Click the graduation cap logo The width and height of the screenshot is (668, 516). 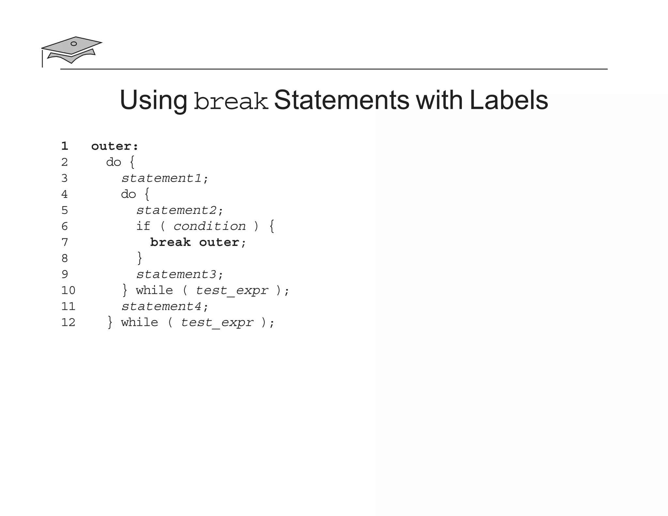71,50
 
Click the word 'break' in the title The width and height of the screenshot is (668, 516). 231,101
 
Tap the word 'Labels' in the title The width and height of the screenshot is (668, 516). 509,100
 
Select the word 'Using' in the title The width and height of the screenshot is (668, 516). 153,100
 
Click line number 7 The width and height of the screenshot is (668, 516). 65,242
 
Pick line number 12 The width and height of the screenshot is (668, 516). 68,323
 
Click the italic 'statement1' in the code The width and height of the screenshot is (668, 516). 161,178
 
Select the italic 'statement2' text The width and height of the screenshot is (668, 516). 176,210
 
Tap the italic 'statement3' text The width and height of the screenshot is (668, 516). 176,274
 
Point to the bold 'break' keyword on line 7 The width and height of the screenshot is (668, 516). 170,242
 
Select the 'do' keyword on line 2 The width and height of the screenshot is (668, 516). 114,162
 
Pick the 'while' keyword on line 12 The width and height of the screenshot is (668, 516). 140,323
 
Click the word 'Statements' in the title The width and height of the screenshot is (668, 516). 341,100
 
